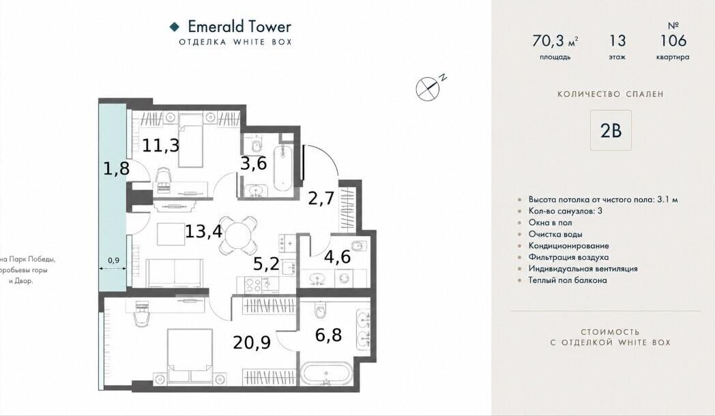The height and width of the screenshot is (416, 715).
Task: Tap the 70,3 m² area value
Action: [x=555, y=41]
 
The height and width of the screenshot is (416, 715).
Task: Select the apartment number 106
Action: [x=673, y=40]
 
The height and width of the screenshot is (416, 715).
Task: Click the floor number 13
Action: [x=617, y=40]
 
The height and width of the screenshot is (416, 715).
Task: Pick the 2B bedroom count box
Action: [x=611, y=130]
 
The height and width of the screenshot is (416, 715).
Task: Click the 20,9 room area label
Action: [x=252, y=342]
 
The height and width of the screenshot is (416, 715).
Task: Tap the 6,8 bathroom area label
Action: [x=328, y=335]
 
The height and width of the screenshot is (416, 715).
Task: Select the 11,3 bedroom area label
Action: [x=160, y=146]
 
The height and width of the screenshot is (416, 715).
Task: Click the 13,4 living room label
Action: [x=203, y=231]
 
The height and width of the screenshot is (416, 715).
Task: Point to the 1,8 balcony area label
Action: [x=116, y=168]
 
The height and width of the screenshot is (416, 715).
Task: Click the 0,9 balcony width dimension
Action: [x=113, y=261]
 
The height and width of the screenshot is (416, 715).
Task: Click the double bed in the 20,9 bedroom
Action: [x=190, y=356]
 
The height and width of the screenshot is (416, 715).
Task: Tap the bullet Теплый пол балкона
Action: [x=568, y=280]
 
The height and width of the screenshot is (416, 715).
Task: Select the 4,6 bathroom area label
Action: [x=338, y=256]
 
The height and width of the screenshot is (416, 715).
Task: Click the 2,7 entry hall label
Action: [x=321, y=198]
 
